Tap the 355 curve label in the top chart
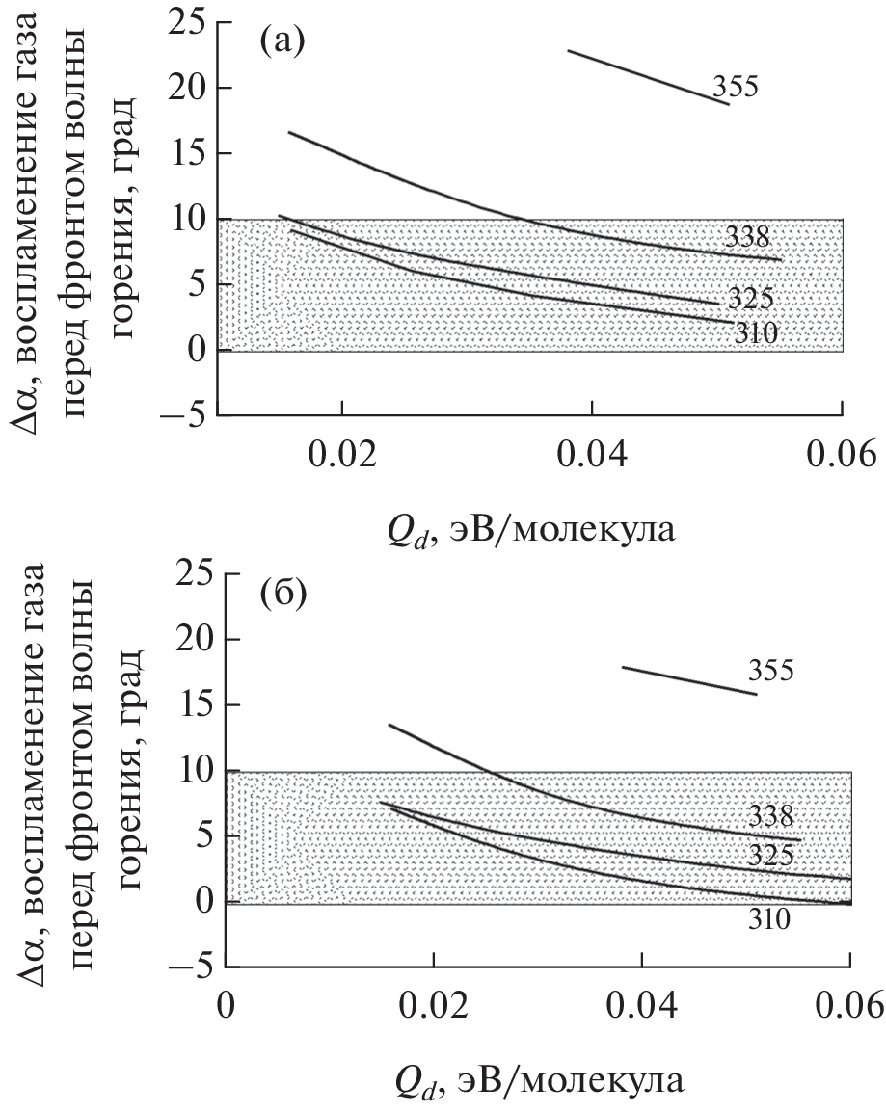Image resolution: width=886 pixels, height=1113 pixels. (737, 88)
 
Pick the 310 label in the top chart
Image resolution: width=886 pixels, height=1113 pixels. (755, 333)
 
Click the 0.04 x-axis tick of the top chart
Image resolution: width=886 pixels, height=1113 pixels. (592, 450)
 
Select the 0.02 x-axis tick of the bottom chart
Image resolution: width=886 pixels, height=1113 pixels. (434, 1002)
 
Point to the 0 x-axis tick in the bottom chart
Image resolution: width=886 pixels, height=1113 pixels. (226, 1002)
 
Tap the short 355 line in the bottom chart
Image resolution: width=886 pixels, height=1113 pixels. (689, 680)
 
